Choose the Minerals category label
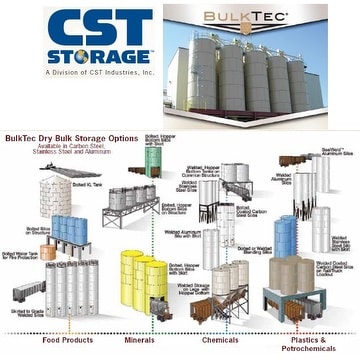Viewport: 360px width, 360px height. (143, 338)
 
